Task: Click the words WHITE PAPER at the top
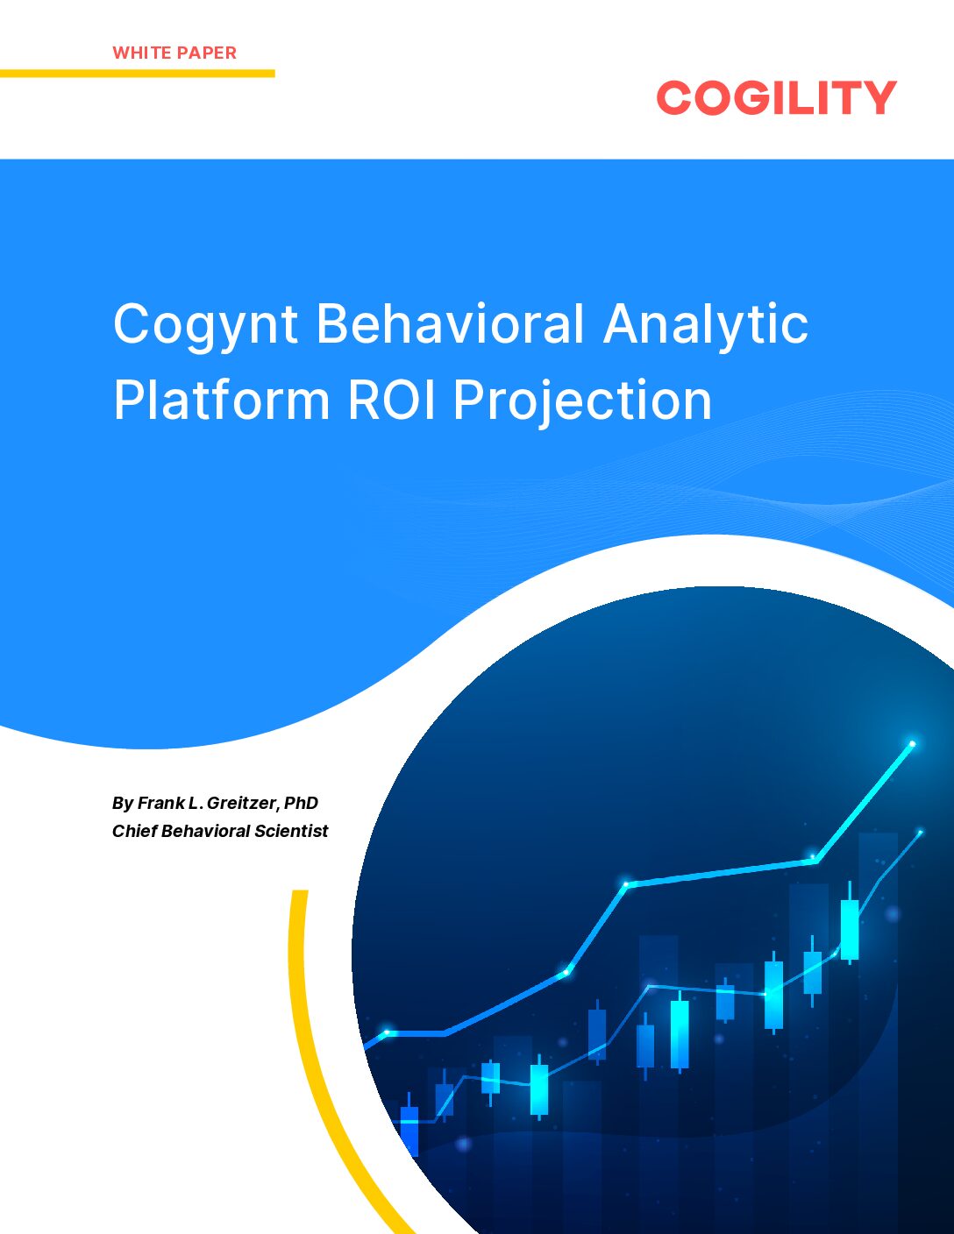174,53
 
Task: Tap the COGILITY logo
776,97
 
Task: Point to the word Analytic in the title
706,324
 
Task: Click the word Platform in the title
222,400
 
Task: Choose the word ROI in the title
394,400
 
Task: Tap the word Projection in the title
582,401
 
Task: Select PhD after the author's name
301,803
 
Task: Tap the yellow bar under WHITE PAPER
137,74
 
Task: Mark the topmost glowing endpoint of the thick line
912,744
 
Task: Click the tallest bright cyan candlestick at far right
849,929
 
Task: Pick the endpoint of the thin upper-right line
920,832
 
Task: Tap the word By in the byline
122,803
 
